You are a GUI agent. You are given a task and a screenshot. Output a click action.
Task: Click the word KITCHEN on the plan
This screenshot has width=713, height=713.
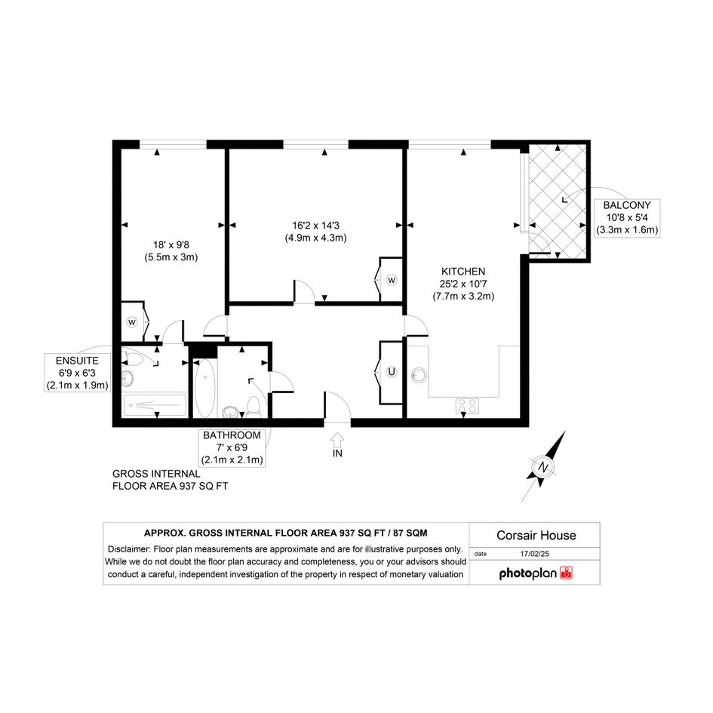click(463, 272)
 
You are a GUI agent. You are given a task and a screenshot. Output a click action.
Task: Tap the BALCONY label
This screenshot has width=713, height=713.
click(626, 205)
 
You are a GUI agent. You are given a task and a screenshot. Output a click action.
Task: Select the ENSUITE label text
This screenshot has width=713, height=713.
click(77, 361)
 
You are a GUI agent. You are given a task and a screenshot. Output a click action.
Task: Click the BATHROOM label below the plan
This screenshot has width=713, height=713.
click(232, 435)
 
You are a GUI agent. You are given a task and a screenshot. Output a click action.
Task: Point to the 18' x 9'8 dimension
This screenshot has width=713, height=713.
click(171, 244)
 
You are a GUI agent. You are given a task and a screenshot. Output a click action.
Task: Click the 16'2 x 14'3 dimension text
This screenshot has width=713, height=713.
click(315, 225)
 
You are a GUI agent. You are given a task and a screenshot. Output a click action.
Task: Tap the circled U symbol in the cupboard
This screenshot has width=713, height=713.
click(391, 372)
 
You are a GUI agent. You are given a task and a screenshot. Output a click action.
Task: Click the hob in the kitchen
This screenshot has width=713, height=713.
click(467, 406)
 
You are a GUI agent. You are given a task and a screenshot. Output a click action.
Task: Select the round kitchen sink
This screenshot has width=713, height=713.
click(419, 375)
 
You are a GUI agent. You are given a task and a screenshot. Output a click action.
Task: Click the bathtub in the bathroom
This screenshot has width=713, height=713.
click(205, 389)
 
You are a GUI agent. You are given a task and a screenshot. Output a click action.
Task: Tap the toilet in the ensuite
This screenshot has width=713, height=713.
click(133, 360)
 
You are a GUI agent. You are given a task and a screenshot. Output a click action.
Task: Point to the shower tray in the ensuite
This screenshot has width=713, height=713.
click(155, 404)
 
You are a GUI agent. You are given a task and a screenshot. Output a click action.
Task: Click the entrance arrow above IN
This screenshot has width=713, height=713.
click(337, 439)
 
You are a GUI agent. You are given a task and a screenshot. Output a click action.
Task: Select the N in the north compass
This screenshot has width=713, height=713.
click(542, 467)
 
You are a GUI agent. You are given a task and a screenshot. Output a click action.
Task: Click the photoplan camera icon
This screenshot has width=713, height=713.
click(566, 573)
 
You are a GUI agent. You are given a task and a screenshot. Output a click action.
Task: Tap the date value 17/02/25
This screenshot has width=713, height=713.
click(535, 554)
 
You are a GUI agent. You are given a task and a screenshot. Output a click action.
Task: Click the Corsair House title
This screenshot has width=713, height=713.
click(536, 535)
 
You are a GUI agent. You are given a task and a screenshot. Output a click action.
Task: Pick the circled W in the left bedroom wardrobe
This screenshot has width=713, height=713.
click(132, 322)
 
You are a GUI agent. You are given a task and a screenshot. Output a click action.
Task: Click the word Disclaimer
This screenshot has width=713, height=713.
click(129, 549)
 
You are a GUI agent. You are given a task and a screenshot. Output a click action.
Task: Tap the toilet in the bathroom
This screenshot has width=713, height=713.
click(253, 406)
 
